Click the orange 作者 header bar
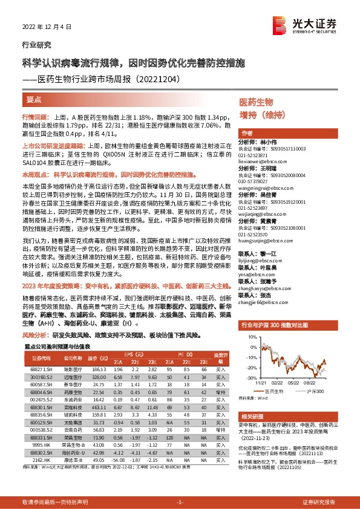287,133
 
